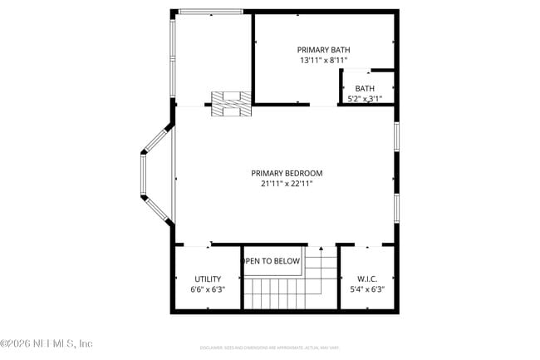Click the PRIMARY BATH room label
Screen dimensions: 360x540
click(325, 50)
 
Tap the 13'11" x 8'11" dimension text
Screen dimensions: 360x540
click(325, 61)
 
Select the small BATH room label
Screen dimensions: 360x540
click(365, 89)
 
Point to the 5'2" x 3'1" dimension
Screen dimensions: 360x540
click(365, 99)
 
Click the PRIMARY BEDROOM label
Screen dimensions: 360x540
click(287, 173)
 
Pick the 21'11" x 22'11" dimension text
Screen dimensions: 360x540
click(287, 184)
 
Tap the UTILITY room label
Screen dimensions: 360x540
click(208, 279)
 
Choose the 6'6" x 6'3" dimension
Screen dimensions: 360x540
click(208, 289)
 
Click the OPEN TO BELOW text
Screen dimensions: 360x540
click(271, 261)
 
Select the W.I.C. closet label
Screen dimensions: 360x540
click(366, 279)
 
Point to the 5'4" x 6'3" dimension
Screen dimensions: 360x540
click(366, 289)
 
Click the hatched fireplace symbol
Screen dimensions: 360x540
click(231, 103)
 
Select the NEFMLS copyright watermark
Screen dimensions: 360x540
click(47, 343)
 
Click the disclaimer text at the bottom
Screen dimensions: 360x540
click(269, 347)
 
